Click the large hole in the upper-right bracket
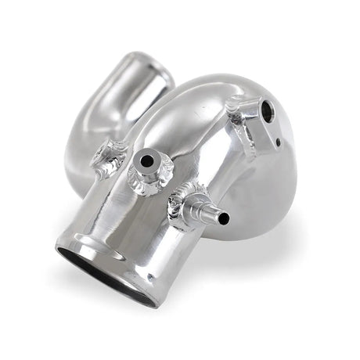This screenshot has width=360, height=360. (x=267, y=113)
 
